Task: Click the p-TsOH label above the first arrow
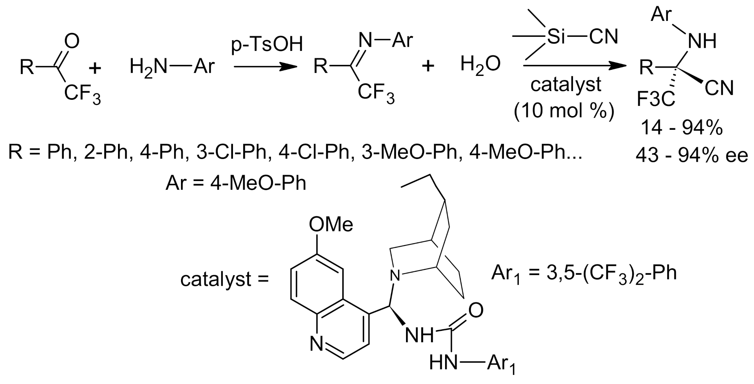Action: point(267,45)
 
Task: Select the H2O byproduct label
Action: point(480,64)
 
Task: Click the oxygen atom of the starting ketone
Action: point(72,41)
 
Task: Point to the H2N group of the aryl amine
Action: point(148,67)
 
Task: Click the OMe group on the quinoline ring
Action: point(331,224)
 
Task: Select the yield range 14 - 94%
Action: point(682,128)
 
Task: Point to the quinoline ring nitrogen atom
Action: point(316,344)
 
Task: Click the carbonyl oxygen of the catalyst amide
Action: point(476,310)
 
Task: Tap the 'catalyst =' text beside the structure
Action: point(224,280)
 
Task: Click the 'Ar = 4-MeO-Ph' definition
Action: point(236,183)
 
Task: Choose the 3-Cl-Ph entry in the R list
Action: point(231,152)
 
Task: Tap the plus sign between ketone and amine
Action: point(95,68)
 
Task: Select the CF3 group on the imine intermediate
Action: point(376,94)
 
